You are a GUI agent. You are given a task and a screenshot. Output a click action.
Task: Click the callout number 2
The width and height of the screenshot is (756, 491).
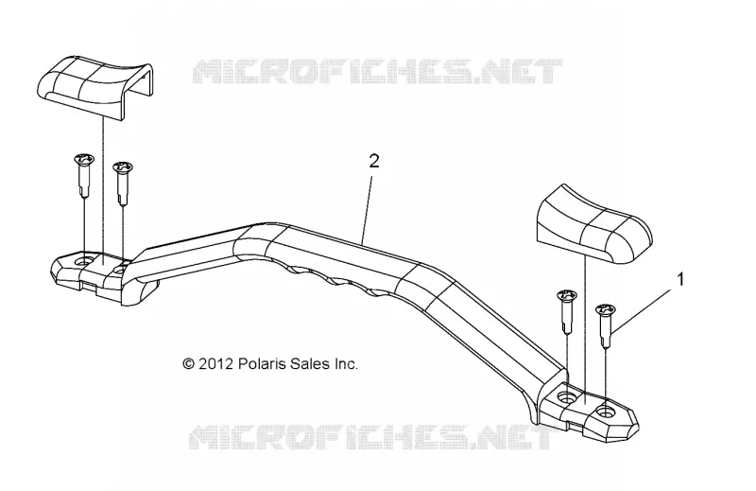coord(374,161)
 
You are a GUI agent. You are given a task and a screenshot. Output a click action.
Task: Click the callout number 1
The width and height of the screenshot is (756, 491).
coord(681,279)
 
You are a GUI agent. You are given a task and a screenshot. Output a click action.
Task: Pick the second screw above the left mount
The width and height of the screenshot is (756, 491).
coord(123,183)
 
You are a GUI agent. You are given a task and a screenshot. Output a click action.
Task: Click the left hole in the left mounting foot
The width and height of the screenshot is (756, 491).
coord(86,261)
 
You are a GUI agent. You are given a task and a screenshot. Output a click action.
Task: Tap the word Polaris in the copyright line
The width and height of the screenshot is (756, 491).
coord(263,363)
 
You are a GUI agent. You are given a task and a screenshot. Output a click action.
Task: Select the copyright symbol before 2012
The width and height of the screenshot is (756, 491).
coord(188,363)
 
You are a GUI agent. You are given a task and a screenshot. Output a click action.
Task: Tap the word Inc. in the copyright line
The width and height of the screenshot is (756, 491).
coord(346,363)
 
